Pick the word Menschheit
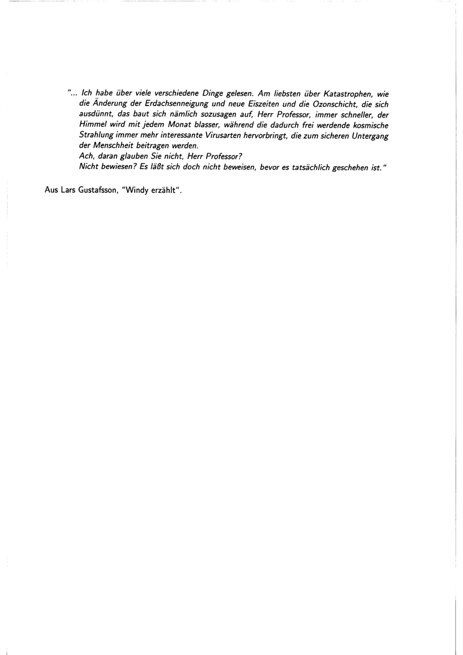click(x=113, y=146)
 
